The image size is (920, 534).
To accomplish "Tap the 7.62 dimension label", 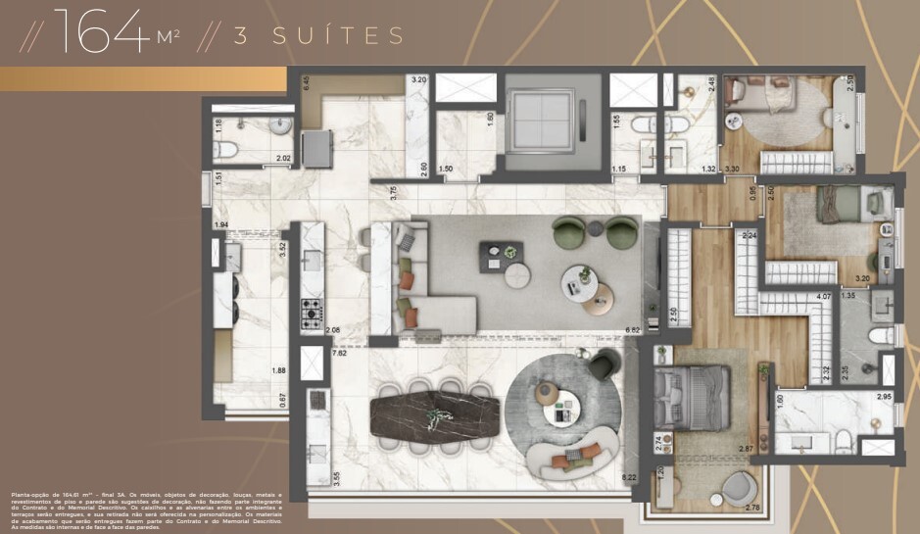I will [340, 353].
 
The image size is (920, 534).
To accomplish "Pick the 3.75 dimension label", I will [394, 193].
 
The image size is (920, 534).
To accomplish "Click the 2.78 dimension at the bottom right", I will [752, 507].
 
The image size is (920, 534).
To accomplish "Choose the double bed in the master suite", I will [694, 396].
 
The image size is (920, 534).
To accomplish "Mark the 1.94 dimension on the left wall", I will [221, 226].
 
